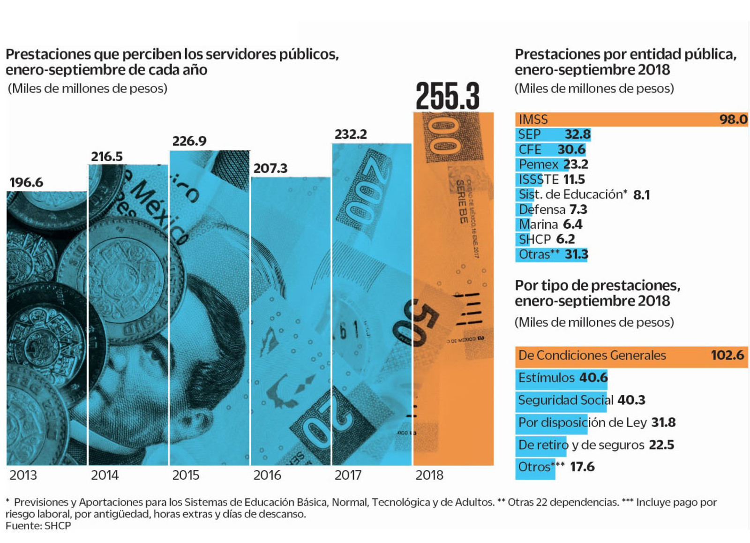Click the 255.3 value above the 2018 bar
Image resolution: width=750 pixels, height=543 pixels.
click(x=448, y=96)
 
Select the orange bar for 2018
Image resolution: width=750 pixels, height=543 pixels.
click(x=453, y=288)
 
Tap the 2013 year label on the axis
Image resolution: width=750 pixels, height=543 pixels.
click(x=23, y=475)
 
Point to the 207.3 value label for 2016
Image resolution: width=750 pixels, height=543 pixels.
click(x=270, y=168)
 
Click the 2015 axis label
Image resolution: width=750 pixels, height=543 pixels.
click(x=186, y=475)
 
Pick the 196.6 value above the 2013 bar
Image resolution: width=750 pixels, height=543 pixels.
click(x=26, y=182)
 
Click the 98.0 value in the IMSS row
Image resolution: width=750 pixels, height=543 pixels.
click(x=733, y=120)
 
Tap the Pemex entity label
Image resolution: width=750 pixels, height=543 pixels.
click(x=539, y=165)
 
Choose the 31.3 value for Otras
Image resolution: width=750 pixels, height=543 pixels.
click(x=576, y=255)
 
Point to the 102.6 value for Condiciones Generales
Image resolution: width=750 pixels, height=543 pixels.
click(x=727, y=355)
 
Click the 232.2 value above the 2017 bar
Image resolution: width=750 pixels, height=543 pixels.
click(x=351, y=135)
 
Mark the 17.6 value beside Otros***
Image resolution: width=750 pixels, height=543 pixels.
click(x=582, y=467)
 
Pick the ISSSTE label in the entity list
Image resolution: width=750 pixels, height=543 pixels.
click(x=539, y=180)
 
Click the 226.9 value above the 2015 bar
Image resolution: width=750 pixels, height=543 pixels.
click(x=189, y=141)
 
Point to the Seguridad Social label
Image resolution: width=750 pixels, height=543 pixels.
click(x=565, y=400)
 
